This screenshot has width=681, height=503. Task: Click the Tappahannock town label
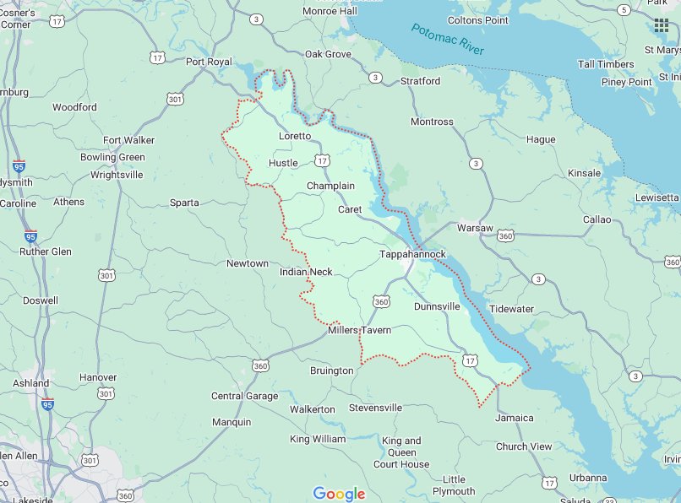click(x=412, y=254)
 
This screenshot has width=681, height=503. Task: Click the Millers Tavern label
click(x=360, y=330)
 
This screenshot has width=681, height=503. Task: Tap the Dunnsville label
click(x=437, y=307)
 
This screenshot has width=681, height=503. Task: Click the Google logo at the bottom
click(x=339, y=494)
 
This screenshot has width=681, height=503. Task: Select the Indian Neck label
click(x=306, y=272)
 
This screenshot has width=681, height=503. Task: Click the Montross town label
click(x=432, y=122)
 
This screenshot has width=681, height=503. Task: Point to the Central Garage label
click(x=244, y=396)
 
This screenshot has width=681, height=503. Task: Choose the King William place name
click(x=318, y=439)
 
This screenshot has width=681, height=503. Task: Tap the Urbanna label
click(x=587, y=478)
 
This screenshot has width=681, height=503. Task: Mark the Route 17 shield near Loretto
click(x=322, y=160)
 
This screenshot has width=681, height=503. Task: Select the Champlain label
click(x=330, y=186)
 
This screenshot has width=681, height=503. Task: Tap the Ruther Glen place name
click(x=46, y=251)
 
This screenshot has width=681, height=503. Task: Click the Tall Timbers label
click(x=606, y=64)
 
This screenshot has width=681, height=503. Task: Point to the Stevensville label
click(x=376, y=408)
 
